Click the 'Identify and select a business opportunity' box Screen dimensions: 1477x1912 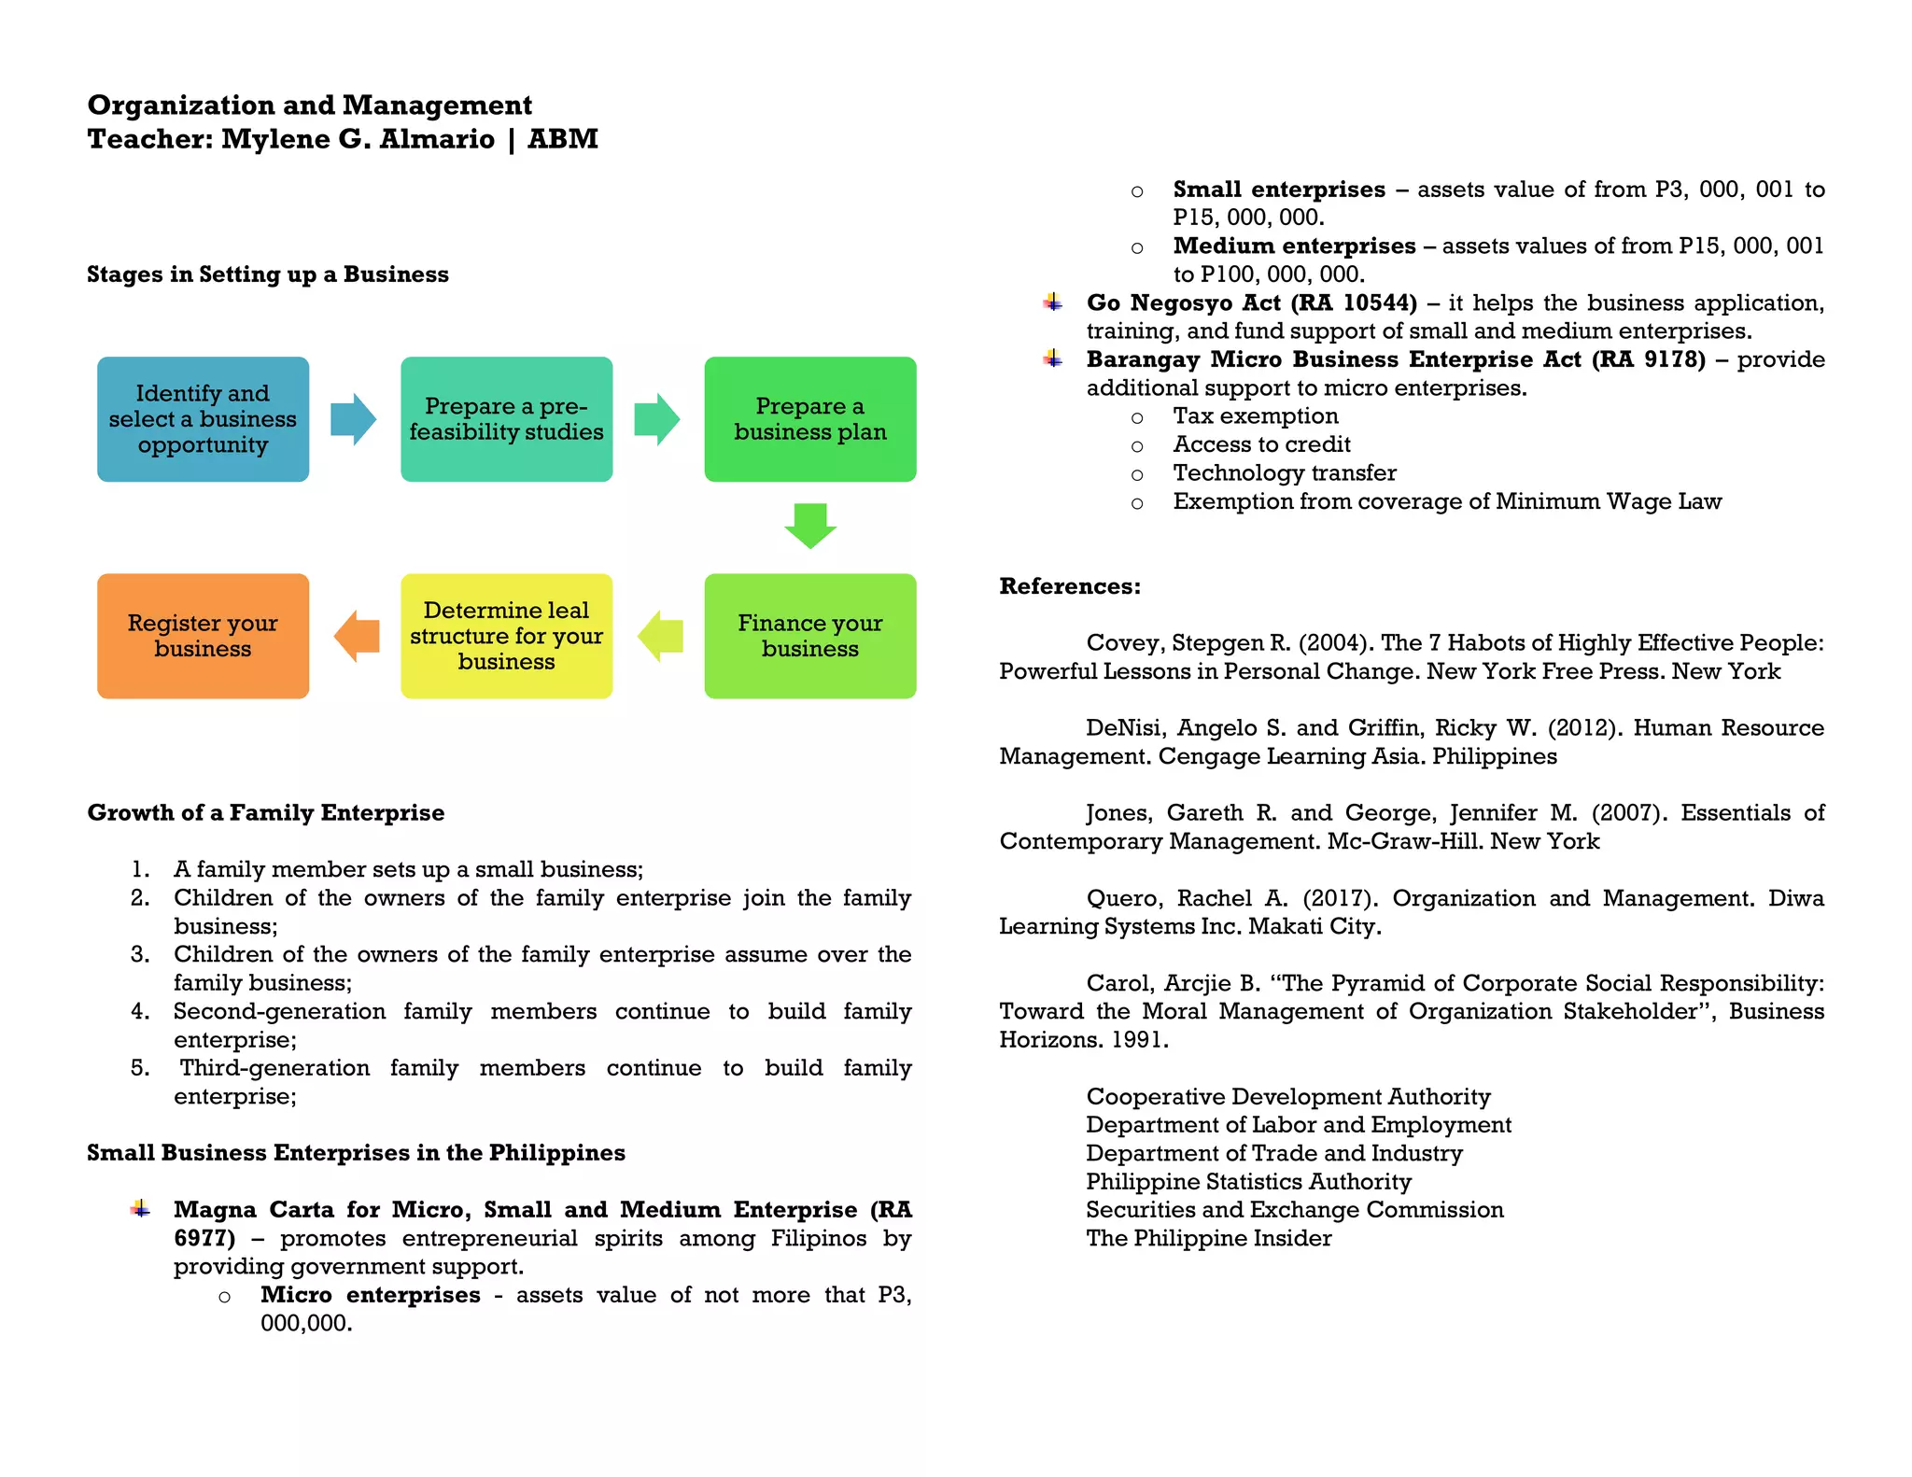pos(203,419)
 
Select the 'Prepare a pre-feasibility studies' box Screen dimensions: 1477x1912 pos(506,419)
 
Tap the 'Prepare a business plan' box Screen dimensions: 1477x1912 pos(809,419)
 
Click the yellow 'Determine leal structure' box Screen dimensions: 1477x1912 pos(506,636)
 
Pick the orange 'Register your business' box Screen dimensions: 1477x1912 pos(203,636)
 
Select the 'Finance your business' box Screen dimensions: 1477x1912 pos(809,636)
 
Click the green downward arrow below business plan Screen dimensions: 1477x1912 pos(809,526)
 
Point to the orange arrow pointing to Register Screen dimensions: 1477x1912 pos(357,636)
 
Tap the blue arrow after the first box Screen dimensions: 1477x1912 pos(353,419)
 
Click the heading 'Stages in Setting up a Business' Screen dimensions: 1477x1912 pos(268,274)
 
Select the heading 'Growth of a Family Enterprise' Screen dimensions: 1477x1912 pos(266,812)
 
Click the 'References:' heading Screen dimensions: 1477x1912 pos(1070,586)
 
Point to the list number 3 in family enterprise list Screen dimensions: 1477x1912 pos(140,954)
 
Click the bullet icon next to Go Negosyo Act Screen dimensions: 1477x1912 pos(1053,302)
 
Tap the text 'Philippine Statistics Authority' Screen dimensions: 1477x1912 pos(1248,1182)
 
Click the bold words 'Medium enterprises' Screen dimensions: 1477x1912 pos(1294,246)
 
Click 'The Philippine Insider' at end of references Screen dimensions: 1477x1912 pos(1208,1239)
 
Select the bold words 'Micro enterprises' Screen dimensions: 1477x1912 pos(370,1295)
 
